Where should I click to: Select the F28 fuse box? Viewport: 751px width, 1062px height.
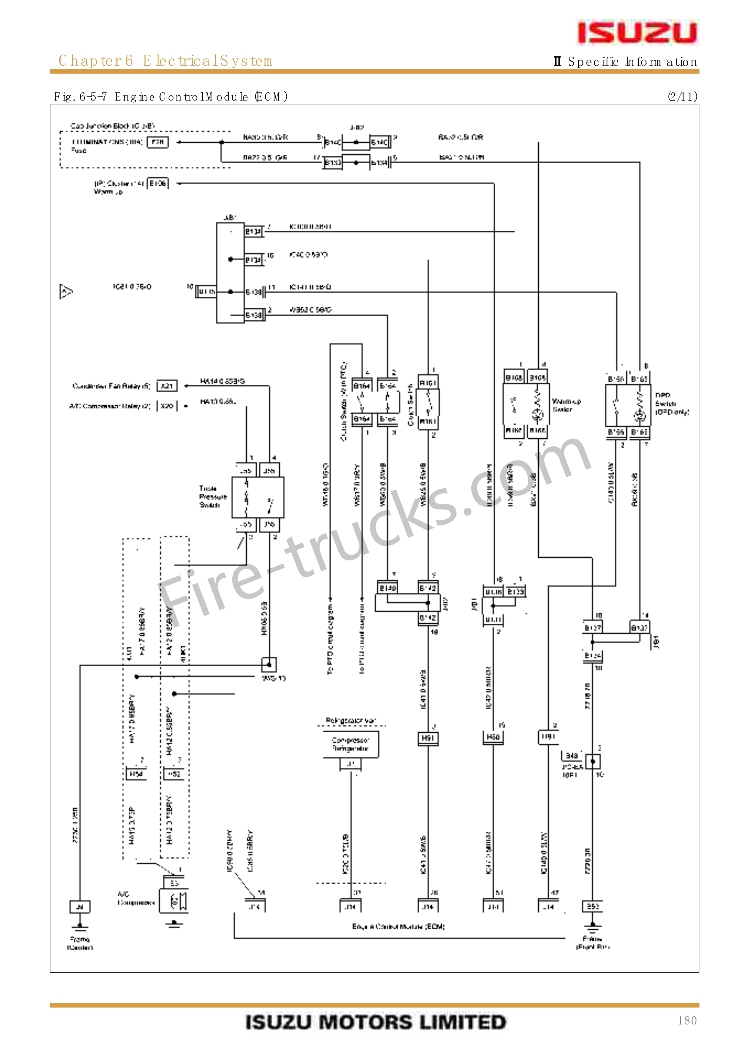tap(157, 142)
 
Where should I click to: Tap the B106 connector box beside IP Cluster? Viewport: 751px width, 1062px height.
tap(157, 184)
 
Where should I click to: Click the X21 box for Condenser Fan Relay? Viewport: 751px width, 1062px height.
tap(167, 386)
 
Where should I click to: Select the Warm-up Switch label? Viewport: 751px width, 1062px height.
tap(566, 405)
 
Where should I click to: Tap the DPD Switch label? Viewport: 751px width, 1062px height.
tap(671, 403)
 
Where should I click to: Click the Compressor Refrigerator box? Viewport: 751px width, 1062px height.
tap(350, 744)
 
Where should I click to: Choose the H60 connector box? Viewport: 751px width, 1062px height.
tap(493, 737)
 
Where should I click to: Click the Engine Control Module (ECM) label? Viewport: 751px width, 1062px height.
tap(398, 926)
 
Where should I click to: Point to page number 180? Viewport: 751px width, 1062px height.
tap(687, 1020)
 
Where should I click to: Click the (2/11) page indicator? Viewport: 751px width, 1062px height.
tap(682, 96)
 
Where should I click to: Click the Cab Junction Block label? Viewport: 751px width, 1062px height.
tap(112, 126)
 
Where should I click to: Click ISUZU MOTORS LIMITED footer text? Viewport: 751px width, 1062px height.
tap(375, 1022)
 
